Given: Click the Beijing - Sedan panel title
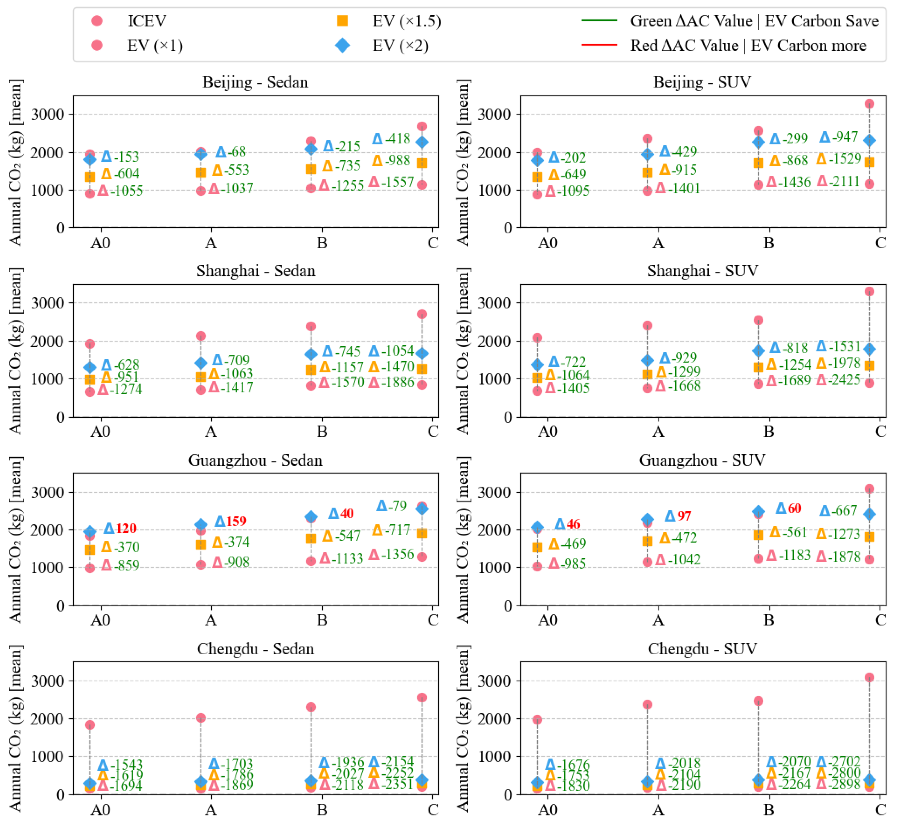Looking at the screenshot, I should pos(255,82).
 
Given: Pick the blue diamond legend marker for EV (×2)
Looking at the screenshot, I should pos(342,46).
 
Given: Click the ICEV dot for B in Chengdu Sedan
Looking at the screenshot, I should pos(311,707).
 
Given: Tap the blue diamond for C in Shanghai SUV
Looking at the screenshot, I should pos(869,349).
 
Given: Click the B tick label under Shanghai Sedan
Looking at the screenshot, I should pos(322,432).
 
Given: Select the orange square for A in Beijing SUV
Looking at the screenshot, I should pos(647,173).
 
